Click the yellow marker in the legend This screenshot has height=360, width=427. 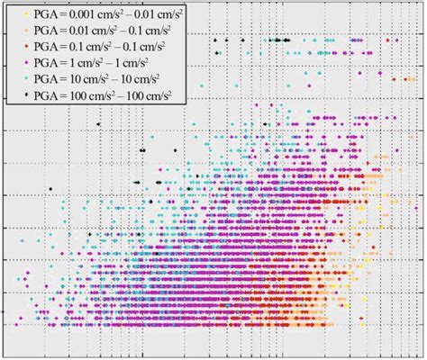[26, 15]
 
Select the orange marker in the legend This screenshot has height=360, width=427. [26, 31]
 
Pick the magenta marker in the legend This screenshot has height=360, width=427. [26, 62]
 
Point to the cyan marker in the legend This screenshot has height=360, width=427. [26, 78]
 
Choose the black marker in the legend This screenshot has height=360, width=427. [26, 94]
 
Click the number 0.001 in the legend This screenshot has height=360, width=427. [79, 15]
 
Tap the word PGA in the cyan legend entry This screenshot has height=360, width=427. [45, 78]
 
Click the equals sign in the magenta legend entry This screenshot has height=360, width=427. [62, 62]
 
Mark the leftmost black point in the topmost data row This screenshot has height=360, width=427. [215, 41]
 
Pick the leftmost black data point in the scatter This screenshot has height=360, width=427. [50, 188]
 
